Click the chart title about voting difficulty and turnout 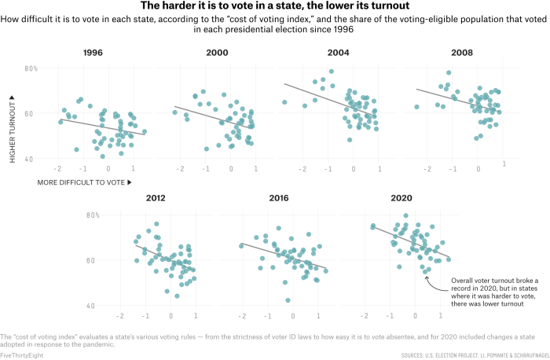point(274,6)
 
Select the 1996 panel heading point(93,53)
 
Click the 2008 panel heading point(462,53)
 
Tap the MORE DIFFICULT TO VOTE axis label point(84,182)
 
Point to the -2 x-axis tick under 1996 point(57,169)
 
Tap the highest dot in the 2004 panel point(332,72)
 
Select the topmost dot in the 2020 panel point(405,215)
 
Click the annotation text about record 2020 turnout point(483,291)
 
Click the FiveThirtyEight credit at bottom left point(22,355)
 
